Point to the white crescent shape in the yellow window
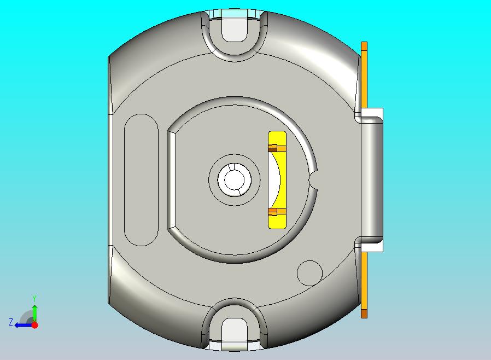point(274,179)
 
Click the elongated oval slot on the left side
point(141,179)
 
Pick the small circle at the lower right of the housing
point(309,272)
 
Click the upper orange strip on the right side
point(364,74)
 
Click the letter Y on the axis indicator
point(34,298)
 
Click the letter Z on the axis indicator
point(10,322)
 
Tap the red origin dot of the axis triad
point(34,325)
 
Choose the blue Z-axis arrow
point(22,325)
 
